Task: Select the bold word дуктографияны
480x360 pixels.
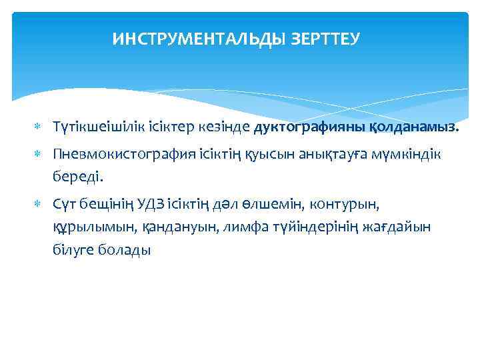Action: pos(308,127)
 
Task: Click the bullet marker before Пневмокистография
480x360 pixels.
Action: pos(39,155)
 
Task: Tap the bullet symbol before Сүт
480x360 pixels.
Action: pos(39,204)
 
